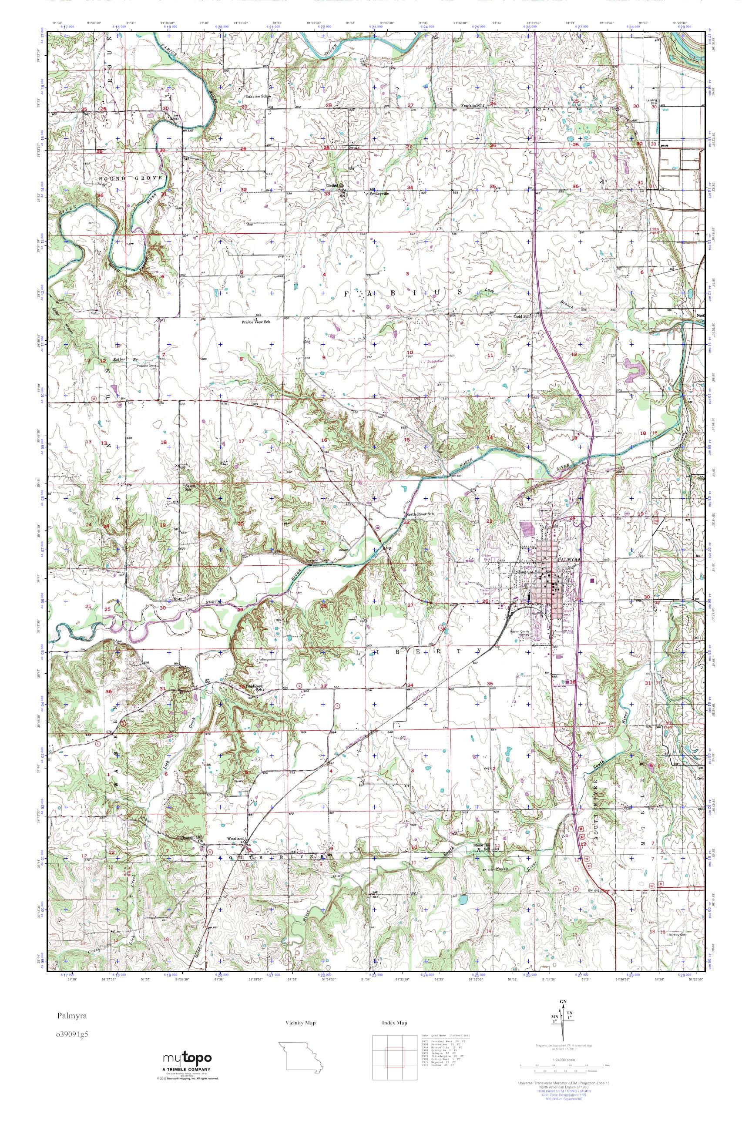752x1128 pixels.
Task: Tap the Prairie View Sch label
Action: (256, 322)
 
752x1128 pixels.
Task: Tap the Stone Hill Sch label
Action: (485, 847)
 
